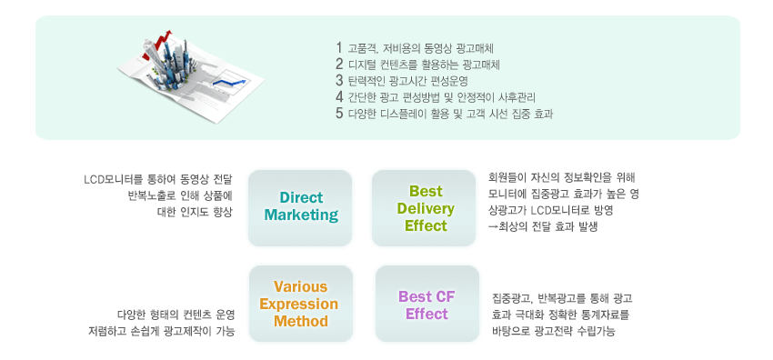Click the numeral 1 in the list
tap(338, 48)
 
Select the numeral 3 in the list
tap(338, 80)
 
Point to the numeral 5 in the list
tap(338, 114)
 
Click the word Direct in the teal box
tap(301, 197)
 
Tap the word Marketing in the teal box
tap(301, 215)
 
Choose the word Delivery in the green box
tap(426, 209)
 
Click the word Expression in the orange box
tap(299, 304)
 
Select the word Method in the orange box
tap(301, 321)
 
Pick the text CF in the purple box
tap(445, 296)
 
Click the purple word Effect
tap(427, 314)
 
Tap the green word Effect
tap(426, 226)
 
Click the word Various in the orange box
tap(300, 286)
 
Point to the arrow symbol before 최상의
tap(494, 228)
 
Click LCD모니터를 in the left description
tap(113, 179)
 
